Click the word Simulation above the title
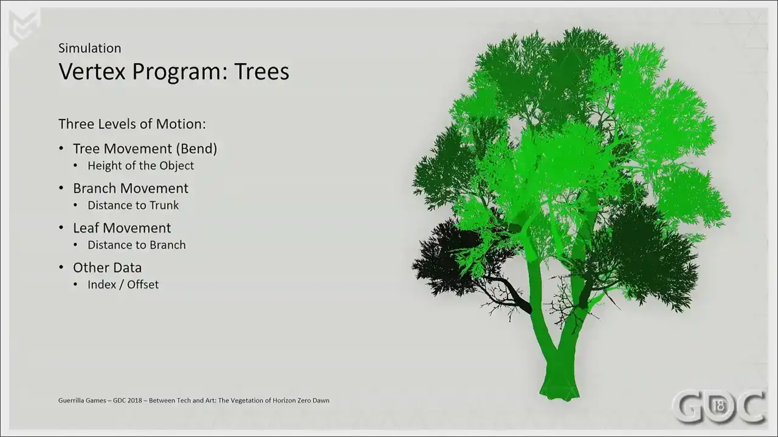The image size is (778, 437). (89, 48)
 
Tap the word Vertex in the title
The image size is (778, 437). (92, 71)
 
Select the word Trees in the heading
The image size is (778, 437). (261, 71)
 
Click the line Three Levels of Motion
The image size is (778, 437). (132, 124)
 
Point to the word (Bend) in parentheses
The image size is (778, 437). (196, 149)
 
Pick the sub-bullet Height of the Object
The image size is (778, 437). (140, 166)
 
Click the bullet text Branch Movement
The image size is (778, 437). (131, 188)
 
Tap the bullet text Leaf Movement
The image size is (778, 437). (122, 228)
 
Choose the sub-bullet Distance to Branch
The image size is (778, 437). (137, 245)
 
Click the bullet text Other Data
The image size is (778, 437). (108, 268)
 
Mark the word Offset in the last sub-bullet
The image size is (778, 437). (143, 285)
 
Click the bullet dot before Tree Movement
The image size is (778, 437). (61, 149)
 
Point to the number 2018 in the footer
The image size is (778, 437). (134, 400)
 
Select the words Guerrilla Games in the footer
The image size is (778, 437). (82, 400)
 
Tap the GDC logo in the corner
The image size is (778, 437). (719, 406)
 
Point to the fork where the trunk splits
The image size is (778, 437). (557, 348)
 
